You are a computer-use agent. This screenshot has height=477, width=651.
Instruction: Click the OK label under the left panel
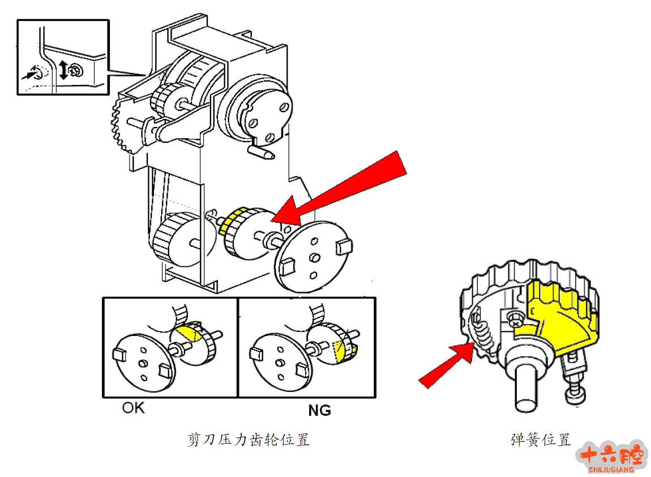pos(133,408)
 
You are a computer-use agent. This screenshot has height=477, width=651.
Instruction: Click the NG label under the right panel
pos(319,410)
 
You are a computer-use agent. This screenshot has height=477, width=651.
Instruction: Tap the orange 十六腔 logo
pos(611,455)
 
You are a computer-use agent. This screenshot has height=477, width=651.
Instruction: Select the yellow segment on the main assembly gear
pos(232,221)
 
